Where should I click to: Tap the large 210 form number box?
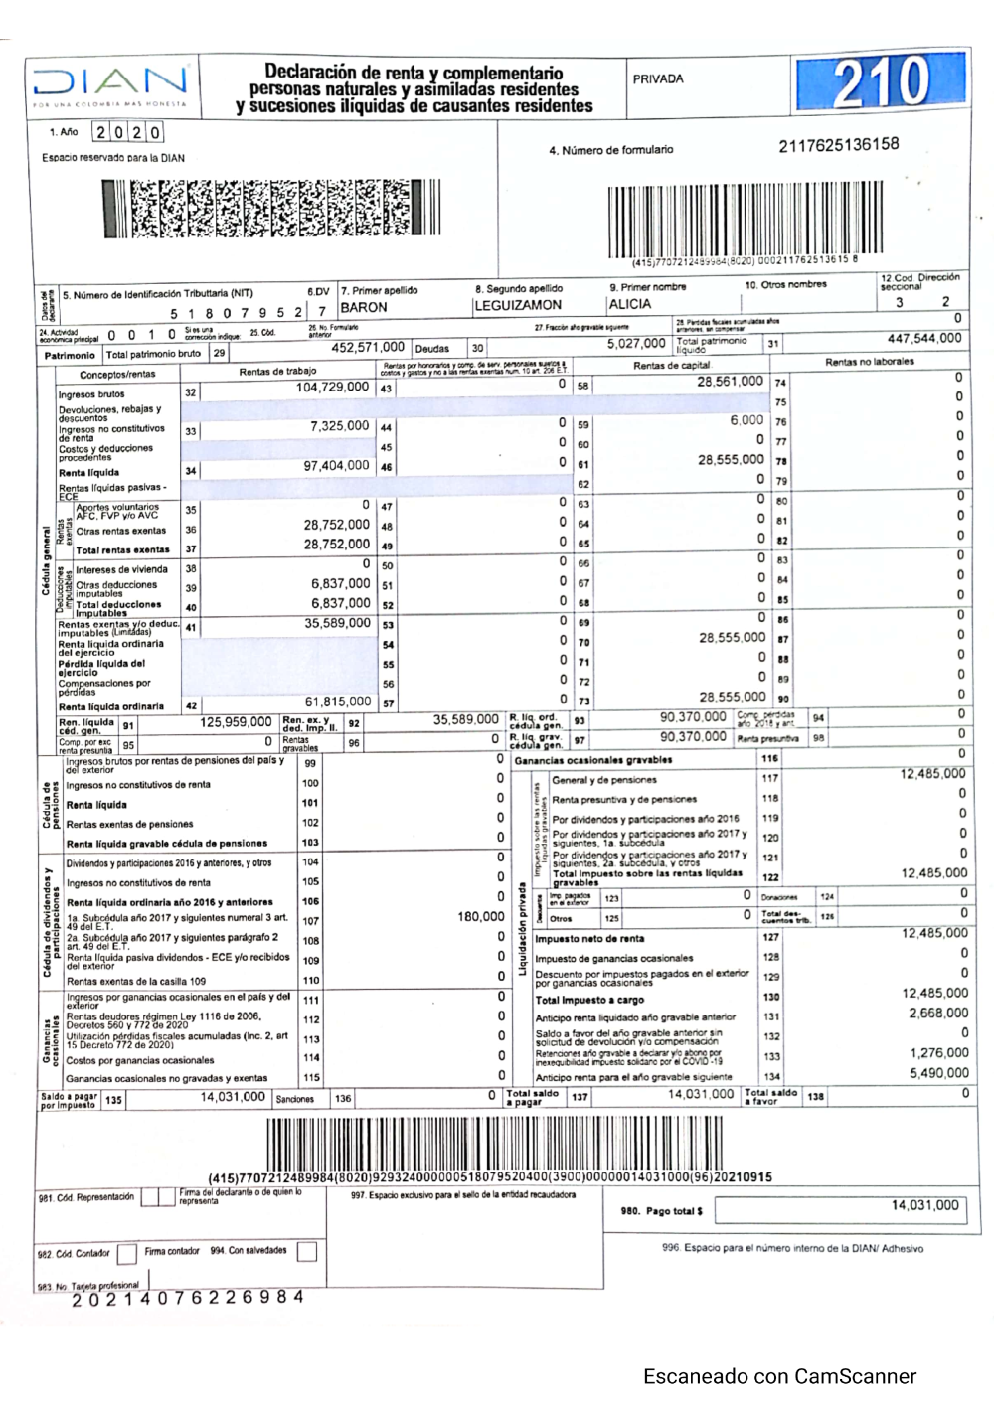[x=881, y=83]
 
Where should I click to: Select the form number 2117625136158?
[x=839, y=145]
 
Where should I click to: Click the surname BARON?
[x=364, y=307]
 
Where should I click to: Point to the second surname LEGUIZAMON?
[x=518, y=306]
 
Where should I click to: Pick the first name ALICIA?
[x=630, y=304]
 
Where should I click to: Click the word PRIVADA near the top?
[x=658, y=79]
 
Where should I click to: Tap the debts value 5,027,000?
[x=636, y=344]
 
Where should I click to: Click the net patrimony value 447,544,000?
[x=924, y=338]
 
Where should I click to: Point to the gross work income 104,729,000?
[x=332, y=388]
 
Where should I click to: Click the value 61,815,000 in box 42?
[x=338, y=703]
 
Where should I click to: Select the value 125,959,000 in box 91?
[x=236, y=722]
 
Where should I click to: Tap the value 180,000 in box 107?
[x=481, y=917]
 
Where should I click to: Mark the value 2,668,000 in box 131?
[x=938, y=1014]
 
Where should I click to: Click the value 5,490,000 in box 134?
[x=938, y=1073]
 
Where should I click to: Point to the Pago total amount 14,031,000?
[x=924, y=1205]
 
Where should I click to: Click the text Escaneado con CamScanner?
[x=779, y=1376]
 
